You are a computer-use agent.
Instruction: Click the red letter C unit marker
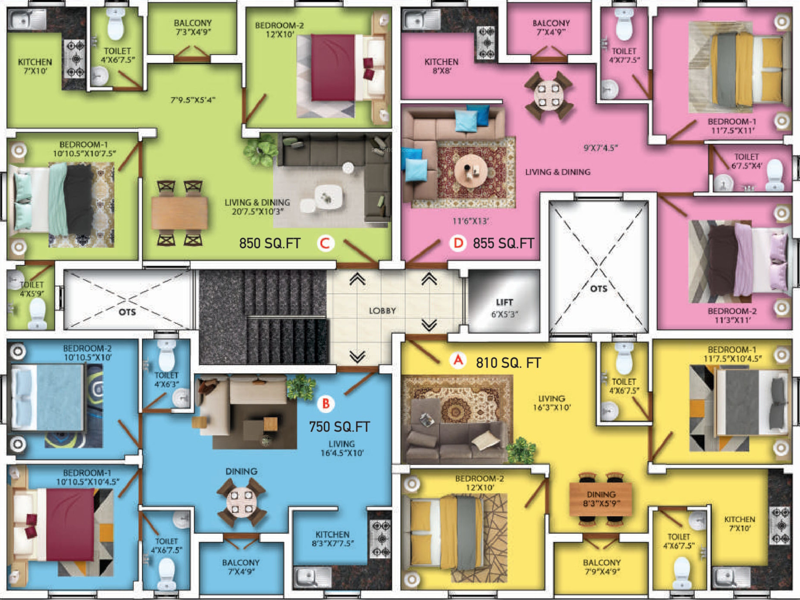(x=325, y=243)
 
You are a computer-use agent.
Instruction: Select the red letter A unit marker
(x=458, y=360)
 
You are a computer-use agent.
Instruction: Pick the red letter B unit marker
(x=326, y=403)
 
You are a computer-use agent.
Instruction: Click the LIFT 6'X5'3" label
(x=505, y=308)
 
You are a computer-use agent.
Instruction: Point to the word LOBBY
(x=382, y=311)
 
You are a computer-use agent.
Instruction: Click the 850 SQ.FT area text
(x=270, y=243)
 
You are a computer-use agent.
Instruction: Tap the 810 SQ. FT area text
(x=508, y=363)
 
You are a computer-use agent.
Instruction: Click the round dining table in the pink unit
(x=549, y=95)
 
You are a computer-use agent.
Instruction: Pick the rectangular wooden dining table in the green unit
(x=179, y=213)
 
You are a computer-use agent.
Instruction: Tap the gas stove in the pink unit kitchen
(x=487, y=43)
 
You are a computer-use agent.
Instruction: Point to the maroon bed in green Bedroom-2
(x=333, y=67)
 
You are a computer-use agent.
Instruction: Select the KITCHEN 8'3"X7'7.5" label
(x=332, y=538)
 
